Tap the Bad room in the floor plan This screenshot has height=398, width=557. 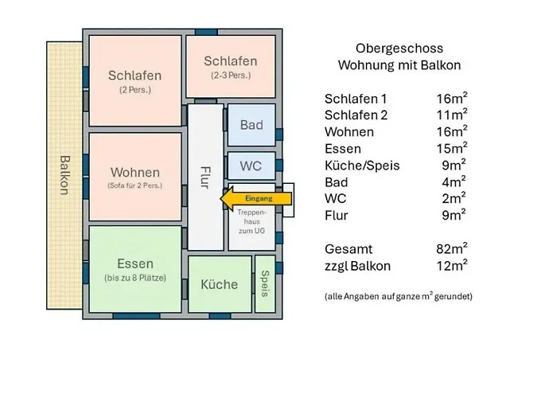pos(251,125)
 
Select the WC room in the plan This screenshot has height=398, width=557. pos(251,166)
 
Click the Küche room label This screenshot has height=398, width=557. pos(219,284)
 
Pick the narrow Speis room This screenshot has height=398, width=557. pos(265,283)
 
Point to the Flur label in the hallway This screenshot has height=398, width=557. pos(205,177)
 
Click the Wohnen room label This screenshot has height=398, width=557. pos(134,173)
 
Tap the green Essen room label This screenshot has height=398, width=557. pos(134,263)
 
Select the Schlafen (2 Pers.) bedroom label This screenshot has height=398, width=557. pos(134,76)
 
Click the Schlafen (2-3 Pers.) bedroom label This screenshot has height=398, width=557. pos(230,61)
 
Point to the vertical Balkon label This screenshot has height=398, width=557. pos(64,175)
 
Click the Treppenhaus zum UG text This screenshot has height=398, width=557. pos(252,220)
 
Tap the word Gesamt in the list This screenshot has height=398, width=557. pos(348,249)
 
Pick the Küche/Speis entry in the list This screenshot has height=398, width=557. pos(362,166)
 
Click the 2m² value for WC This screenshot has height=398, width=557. pos(454,198)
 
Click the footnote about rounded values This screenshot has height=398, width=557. pos(398,296)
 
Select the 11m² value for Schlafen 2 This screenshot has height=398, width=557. pos(450,115)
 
